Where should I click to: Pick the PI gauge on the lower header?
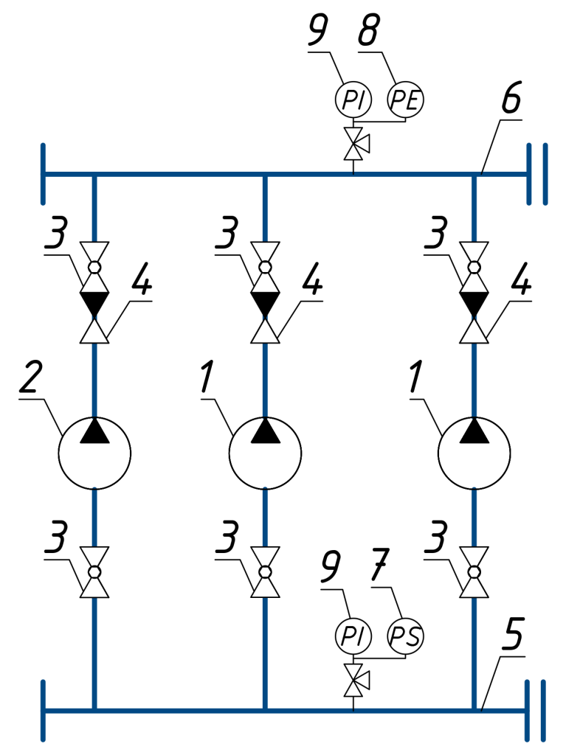353,635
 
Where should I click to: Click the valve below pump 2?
94,572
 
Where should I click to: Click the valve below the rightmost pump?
474,572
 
